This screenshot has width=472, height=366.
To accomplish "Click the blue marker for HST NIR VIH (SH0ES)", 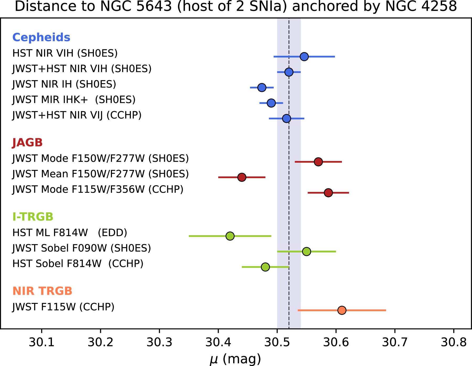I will (304, 56).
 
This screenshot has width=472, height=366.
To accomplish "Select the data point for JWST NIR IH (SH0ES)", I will (262, 87).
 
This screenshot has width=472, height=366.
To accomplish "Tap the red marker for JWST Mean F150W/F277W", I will (242, 177).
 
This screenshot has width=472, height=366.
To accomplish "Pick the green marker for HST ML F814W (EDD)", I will (230, 236).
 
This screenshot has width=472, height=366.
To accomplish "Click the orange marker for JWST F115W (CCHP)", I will (342, 310).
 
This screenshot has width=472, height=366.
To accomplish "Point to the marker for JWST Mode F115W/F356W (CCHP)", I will (328, 193).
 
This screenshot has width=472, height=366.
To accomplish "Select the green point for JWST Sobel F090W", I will (307, 251).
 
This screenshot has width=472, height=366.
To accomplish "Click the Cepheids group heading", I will (41, 37).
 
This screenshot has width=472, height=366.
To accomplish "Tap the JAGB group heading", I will (28, 143).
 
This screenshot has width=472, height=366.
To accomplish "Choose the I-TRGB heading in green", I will (33, 217).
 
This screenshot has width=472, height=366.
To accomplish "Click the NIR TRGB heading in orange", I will (42, 291).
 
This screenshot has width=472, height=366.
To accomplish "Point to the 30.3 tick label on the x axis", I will (159, 342).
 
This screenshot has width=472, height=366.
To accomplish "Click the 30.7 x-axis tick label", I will (395, 342).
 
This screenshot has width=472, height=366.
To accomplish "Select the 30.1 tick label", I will (41, 342).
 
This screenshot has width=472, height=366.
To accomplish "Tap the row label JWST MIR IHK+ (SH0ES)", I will (74, 100).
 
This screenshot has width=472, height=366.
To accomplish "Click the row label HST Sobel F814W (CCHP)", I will (78, 264).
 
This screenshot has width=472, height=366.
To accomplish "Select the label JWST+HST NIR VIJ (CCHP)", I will (77, 115).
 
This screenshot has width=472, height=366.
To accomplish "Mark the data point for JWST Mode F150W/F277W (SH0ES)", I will (318, 162).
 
